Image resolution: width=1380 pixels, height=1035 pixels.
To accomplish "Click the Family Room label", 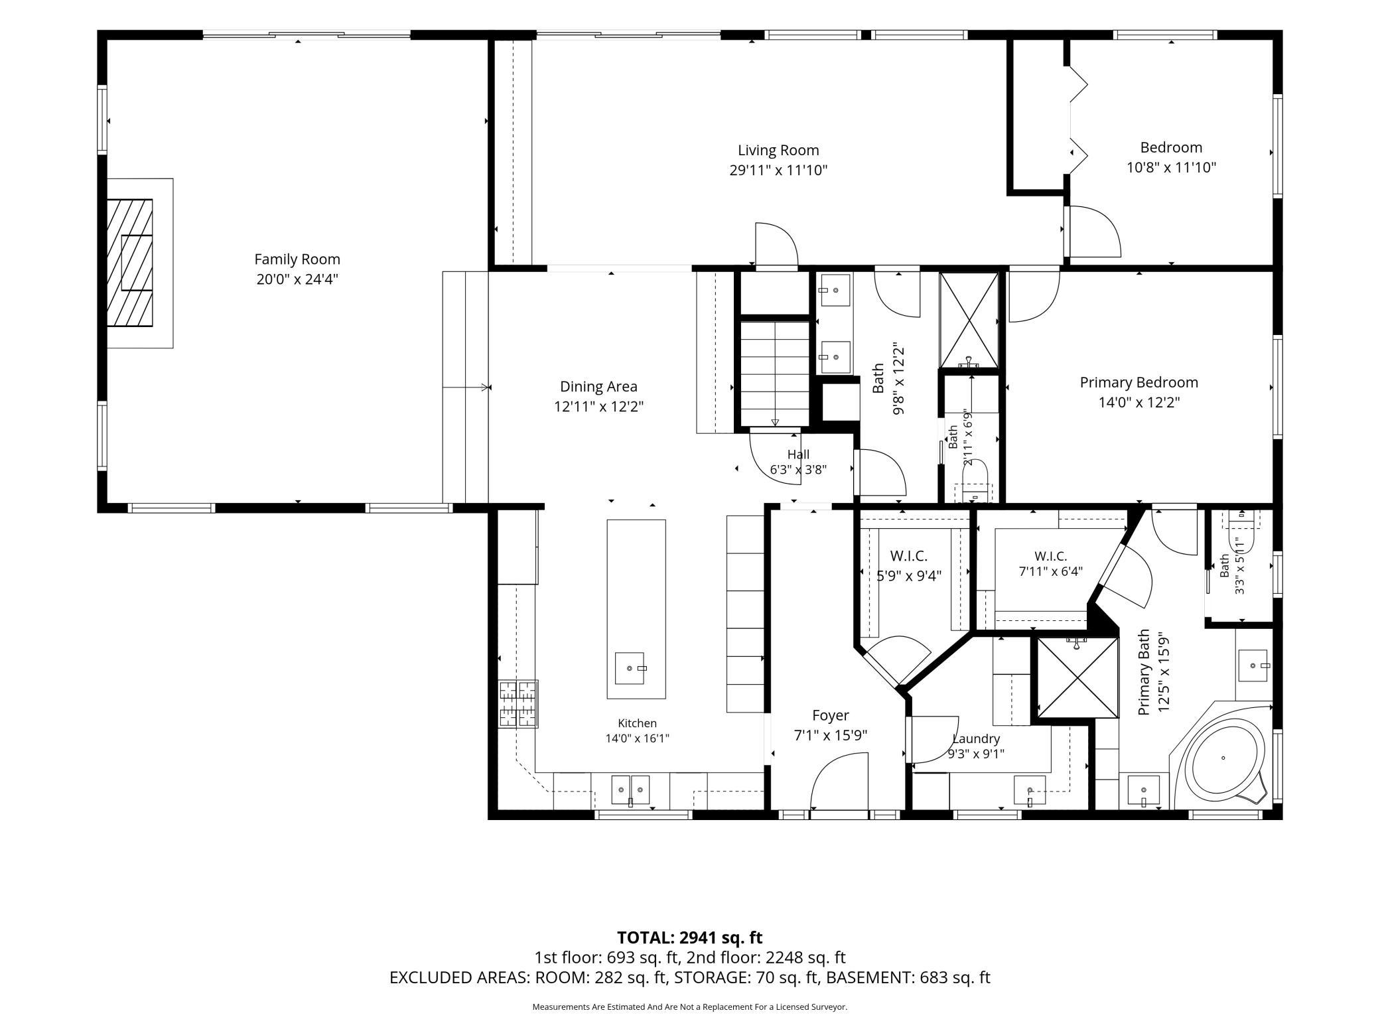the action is click(297, 259).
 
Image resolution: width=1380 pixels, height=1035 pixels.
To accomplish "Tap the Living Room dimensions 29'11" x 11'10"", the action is click(778, 171).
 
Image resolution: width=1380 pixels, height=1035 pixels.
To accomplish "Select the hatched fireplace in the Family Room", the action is click(130, 263).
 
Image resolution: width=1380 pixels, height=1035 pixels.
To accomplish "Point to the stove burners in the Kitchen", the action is click(518, 704).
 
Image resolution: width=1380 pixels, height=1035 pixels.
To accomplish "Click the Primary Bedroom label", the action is click(1138, 382).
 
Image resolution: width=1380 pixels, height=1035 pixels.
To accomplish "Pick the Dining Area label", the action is click(598, 387).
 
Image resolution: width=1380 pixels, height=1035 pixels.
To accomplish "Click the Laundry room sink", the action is click(1030, 790).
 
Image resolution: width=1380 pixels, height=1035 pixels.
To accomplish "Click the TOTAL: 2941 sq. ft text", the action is click(689, 937).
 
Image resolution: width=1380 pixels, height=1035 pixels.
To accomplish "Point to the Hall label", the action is click(798, 454).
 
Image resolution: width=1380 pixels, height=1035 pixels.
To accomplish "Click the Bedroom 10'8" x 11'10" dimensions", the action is click(1171, 167).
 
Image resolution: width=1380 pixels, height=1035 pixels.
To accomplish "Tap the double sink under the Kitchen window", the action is click(630, 790).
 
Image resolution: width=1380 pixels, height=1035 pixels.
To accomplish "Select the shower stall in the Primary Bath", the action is click(1077, 677).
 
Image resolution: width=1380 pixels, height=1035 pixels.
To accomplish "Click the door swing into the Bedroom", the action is click(1093, 232).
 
